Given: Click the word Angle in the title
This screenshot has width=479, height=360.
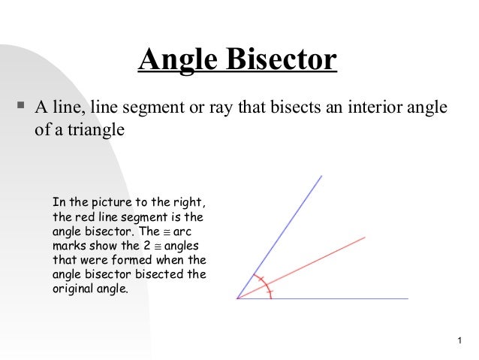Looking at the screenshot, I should pyautogui.click(x=173, y=61).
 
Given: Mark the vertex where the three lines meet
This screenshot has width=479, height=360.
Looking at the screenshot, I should pyautogui.click(x=237, y=298).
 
